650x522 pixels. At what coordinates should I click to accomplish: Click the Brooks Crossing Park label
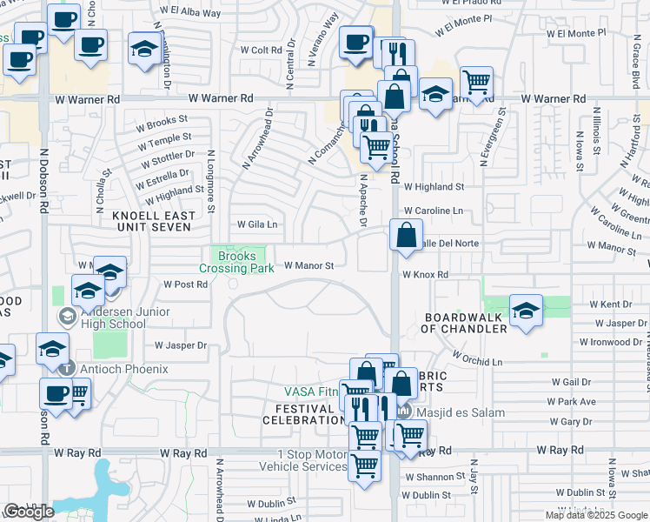click(237, 262)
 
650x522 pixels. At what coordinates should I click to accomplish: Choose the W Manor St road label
click(303, 267)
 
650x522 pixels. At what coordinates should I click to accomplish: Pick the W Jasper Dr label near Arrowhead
click(180, 345)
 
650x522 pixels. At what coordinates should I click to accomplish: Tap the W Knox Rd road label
click(424, 275)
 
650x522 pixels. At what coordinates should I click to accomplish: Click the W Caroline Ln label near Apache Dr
click(433, 211)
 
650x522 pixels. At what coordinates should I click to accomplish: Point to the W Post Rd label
click(185, 284)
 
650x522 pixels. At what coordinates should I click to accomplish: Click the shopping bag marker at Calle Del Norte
click(406, 235)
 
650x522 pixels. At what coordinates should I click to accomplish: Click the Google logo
click(29, 512)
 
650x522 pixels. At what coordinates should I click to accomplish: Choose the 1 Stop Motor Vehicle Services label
click(312, 460)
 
